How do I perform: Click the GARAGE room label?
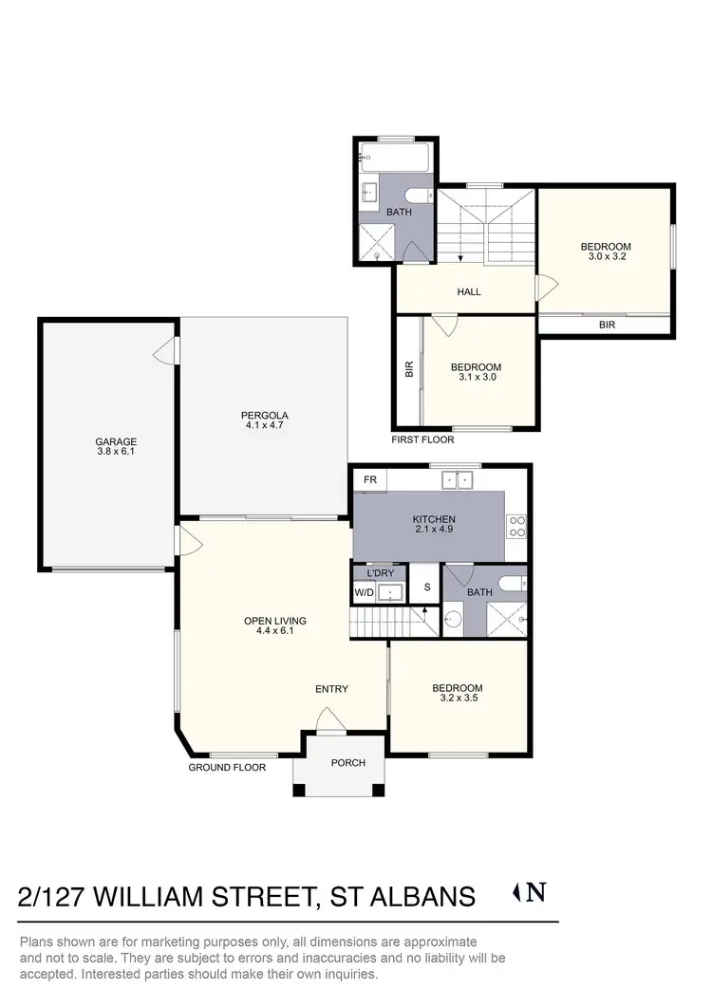click(116, 441)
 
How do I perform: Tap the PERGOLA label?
click(264, 415)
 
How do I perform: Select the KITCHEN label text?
click(434, 519)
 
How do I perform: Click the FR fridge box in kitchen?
click(370, 480)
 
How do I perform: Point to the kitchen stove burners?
click(518, 526)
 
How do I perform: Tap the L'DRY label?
click(380, 573)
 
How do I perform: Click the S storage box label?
click(427, 587)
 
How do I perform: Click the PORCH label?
click(347, 762)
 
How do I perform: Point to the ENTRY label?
click(331, 689)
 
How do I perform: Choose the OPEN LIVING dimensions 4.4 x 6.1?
click(274, 630)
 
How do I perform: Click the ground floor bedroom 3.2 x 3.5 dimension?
click(458, 699)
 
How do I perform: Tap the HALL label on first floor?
click(469, 291)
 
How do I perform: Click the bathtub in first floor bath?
click(396, 157)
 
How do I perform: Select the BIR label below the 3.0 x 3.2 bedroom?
click(607, 324)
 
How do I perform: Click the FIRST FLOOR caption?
click(422, 439)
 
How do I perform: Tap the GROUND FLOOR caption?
click(227, 767)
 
